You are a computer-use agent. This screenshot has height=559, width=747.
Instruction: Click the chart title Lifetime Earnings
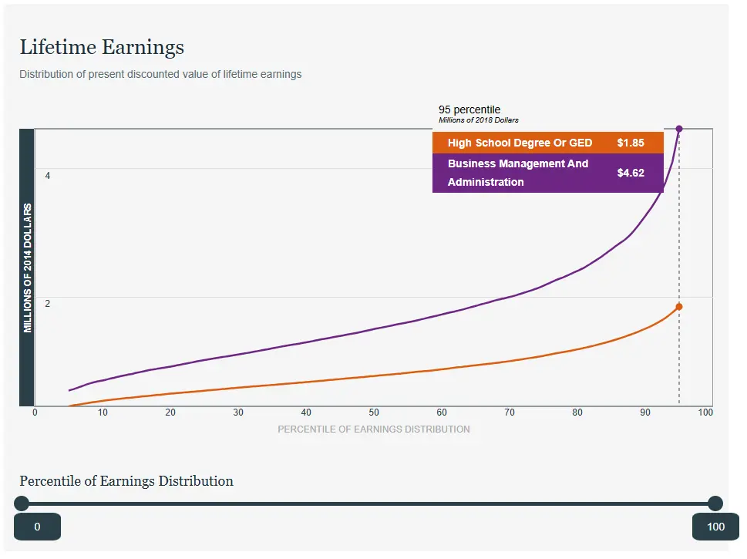point(102,48)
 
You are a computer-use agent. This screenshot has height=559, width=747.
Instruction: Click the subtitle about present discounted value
point(160,75)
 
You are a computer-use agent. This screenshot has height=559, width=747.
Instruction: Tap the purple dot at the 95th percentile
point(679,129)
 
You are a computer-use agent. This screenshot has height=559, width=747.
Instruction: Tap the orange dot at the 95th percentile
point(679,307)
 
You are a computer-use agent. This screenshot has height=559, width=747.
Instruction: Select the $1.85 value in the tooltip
point(631,143)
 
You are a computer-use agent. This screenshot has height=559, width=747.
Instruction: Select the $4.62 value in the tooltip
point(631,173)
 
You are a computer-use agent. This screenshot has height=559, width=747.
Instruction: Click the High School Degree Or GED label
point(520,143)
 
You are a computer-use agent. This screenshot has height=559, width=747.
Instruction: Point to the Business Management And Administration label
point(517,173)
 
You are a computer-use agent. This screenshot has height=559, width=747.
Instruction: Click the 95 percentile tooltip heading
point(469,109)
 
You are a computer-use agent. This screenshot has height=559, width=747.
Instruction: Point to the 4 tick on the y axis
point(48,176)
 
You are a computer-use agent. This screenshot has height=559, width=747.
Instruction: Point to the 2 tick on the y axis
point(48,304)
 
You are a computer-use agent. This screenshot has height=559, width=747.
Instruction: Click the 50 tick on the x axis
point(374,413)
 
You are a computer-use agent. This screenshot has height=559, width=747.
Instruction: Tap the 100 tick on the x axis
point(705,413)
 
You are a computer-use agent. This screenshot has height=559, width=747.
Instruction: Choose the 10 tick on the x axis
point(103,413)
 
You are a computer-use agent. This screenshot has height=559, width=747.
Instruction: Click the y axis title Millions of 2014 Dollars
point(28,268)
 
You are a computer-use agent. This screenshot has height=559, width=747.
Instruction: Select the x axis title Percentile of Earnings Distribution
point(374,429)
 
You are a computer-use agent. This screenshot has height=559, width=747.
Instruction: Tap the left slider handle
point(22,503)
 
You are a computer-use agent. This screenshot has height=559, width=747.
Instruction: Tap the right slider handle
point(715,503)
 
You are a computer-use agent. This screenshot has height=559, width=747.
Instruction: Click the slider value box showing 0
point(37,527)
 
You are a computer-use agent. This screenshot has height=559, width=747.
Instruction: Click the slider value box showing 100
point(715,527)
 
